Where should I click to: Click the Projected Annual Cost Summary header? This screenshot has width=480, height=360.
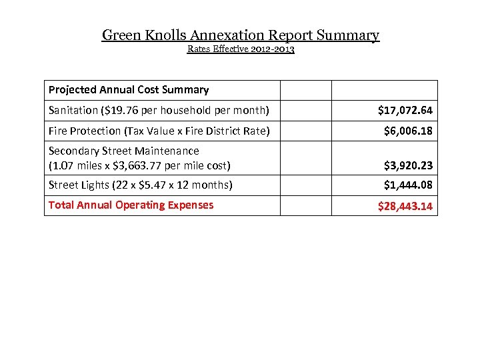[129, 89]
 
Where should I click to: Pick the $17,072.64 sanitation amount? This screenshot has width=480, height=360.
[405, 110]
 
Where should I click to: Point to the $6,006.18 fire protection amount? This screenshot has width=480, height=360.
[408, 131]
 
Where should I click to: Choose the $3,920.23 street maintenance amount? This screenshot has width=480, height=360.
[408, 165]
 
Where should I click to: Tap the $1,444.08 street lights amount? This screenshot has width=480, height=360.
[408, 185]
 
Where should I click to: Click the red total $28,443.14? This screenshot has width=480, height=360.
[405, 206]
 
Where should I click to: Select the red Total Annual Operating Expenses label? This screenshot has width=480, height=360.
[131, 205]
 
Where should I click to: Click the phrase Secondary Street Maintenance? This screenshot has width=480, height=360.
[124, 151]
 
